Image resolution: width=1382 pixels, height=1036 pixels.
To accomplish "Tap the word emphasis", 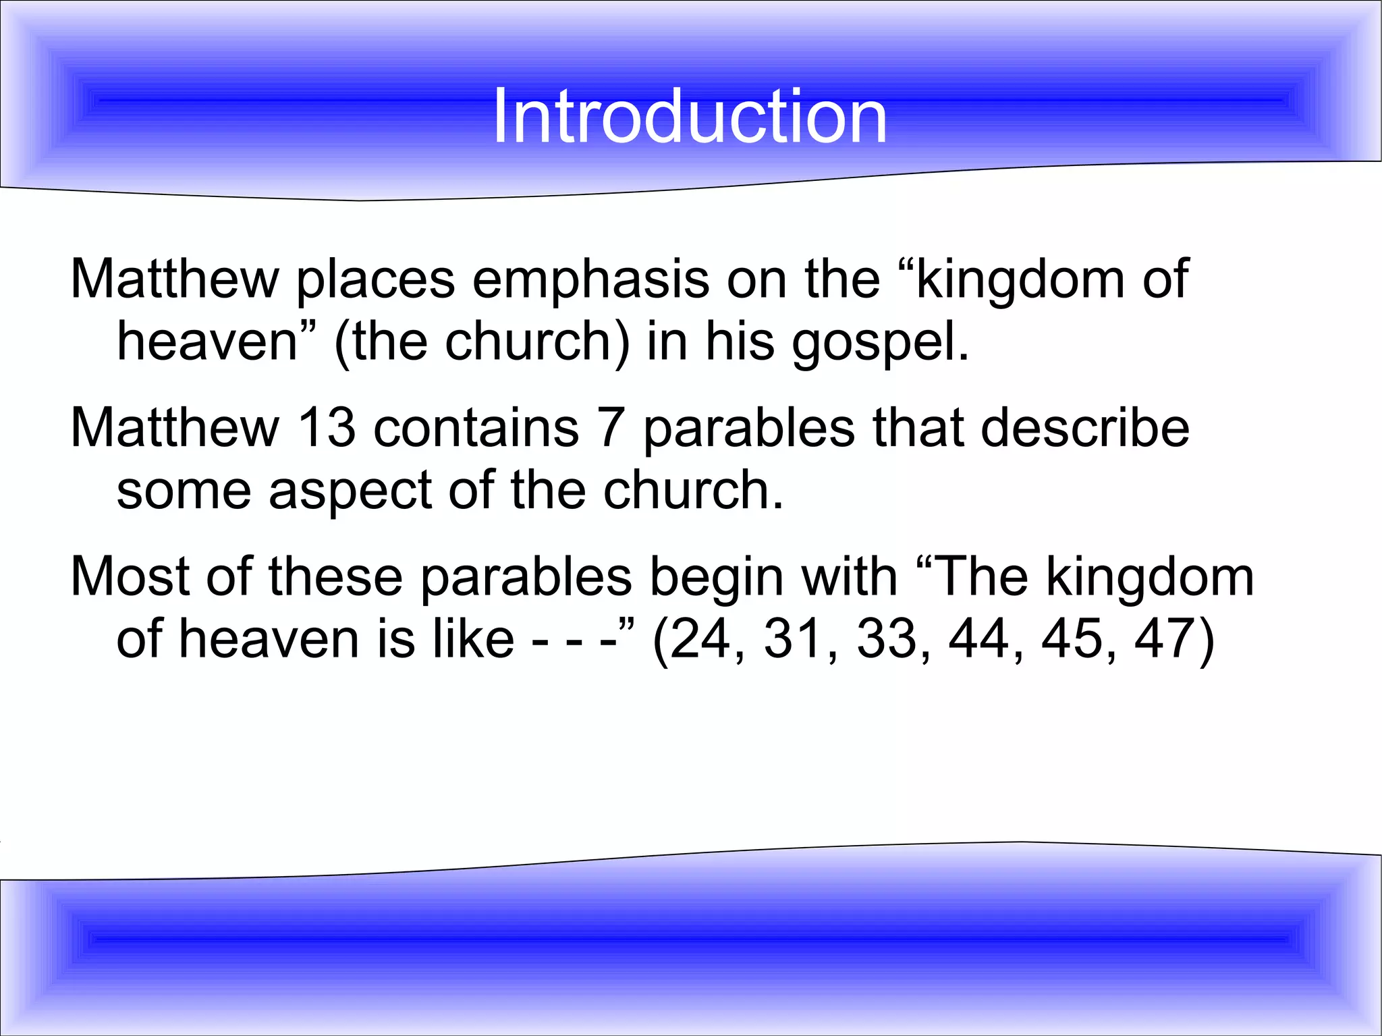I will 590,279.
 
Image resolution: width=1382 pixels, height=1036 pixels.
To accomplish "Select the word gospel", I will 880,342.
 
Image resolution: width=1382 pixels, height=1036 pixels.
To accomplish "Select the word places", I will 375,279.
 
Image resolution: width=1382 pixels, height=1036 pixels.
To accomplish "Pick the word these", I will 335,576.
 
